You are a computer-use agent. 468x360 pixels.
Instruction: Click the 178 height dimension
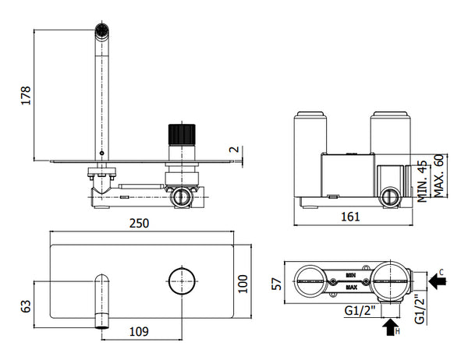point(25,95)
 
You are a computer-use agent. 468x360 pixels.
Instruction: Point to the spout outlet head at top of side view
point(101,32)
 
